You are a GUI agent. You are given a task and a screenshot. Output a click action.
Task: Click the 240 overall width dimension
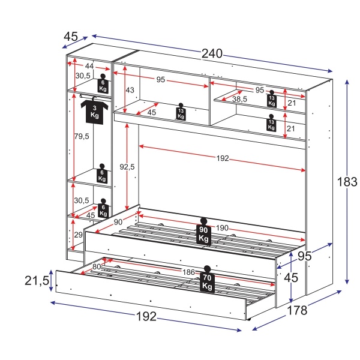click(x=212, y=53)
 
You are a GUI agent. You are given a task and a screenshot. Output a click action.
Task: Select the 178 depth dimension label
click(x=296, y=310)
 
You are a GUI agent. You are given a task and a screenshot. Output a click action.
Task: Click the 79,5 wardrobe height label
click(x=82, y=136)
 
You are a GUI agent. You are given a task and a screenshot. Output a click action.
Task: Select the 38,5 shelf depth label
click(x=241, y=99)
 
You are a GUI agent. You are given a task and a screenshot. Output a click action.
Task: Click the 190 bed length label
click(x=223, y=227)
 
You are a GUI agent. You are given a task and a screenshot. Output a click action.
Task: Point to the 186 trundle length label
click(x=188, y=272)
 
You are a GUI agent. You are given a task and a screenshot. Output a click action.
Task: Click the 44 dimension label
click(x=89, y=66)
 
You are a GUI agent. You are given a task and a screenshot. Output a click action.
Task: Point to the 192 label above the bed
click(x=223, y=159)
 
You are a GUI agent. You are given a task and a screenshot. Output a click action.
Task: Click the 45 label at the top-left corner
click(x=71, y=37)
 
